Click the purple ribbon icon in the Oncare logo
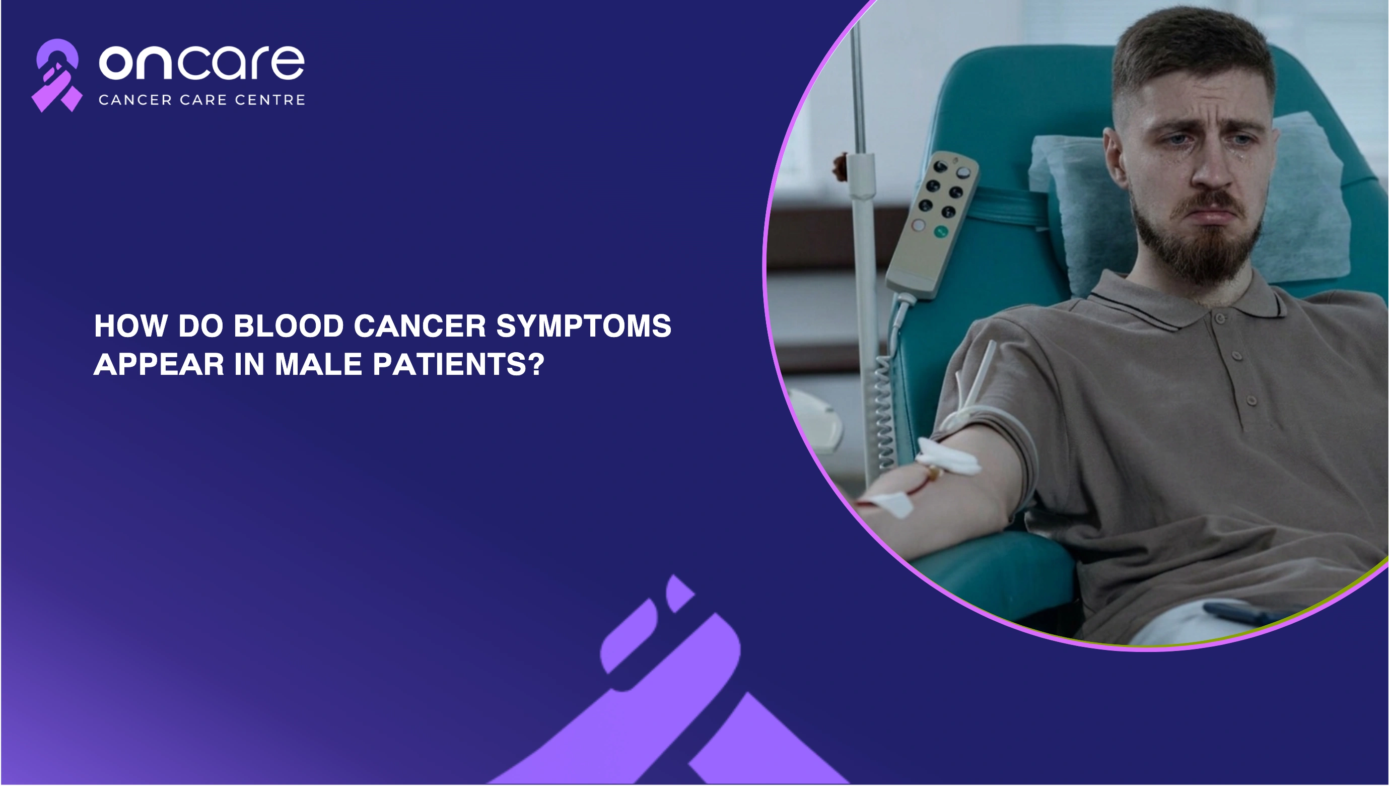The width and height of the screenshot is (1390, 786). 56,76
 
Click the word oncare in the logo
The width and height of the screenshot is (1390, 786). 202,62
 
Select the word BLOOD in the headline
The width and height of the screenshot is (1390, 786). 289,326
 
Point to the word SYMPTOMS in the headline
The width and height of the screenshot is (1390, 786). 584,326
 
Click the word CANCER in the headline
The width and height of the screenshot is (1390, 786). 421,326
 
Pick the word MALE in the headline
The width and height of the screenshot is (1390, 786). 318,364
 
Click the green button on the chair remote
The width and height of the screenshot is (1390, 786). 941,232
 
